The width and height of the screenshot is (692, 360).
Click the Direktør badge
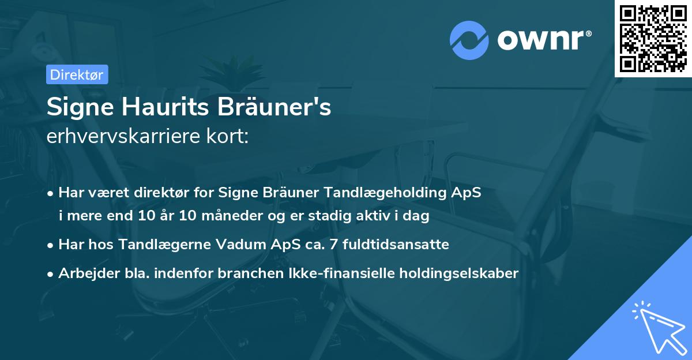[77, 74]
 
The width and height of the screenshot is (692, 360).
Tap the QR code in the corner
[653, 39]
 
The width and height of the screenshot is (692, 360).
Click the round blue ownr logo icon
[469, 39]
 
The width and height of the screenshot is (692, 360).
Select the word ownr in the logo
[543, 39]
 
